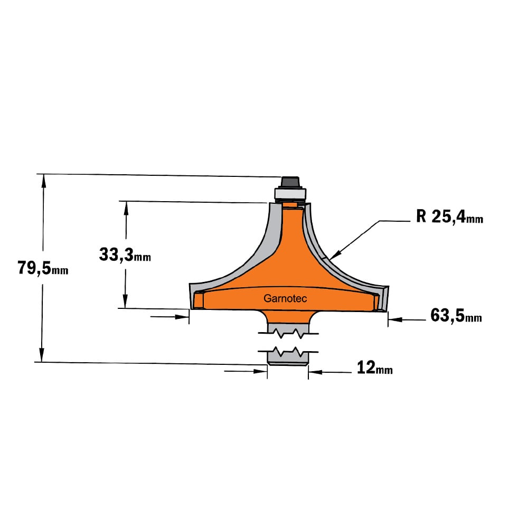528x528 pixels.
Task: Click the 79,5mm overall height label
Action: coord(43,268)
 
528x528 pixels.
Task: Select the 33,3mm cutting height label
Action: coord(125,254)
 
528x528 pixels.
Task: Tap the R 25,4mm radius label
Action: coord(449,216)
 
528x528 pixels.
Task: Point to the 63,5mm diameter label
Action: coord(456,316)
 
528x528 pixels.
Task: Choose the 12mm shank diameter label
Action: coord(374,367)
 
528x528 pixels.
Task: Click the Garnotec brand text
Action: coord(285,298)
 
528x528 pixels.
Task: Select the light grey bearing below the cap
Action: coord(290,193)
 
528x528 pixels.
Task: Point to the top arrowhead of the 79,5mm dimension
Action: coord(43,180)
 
